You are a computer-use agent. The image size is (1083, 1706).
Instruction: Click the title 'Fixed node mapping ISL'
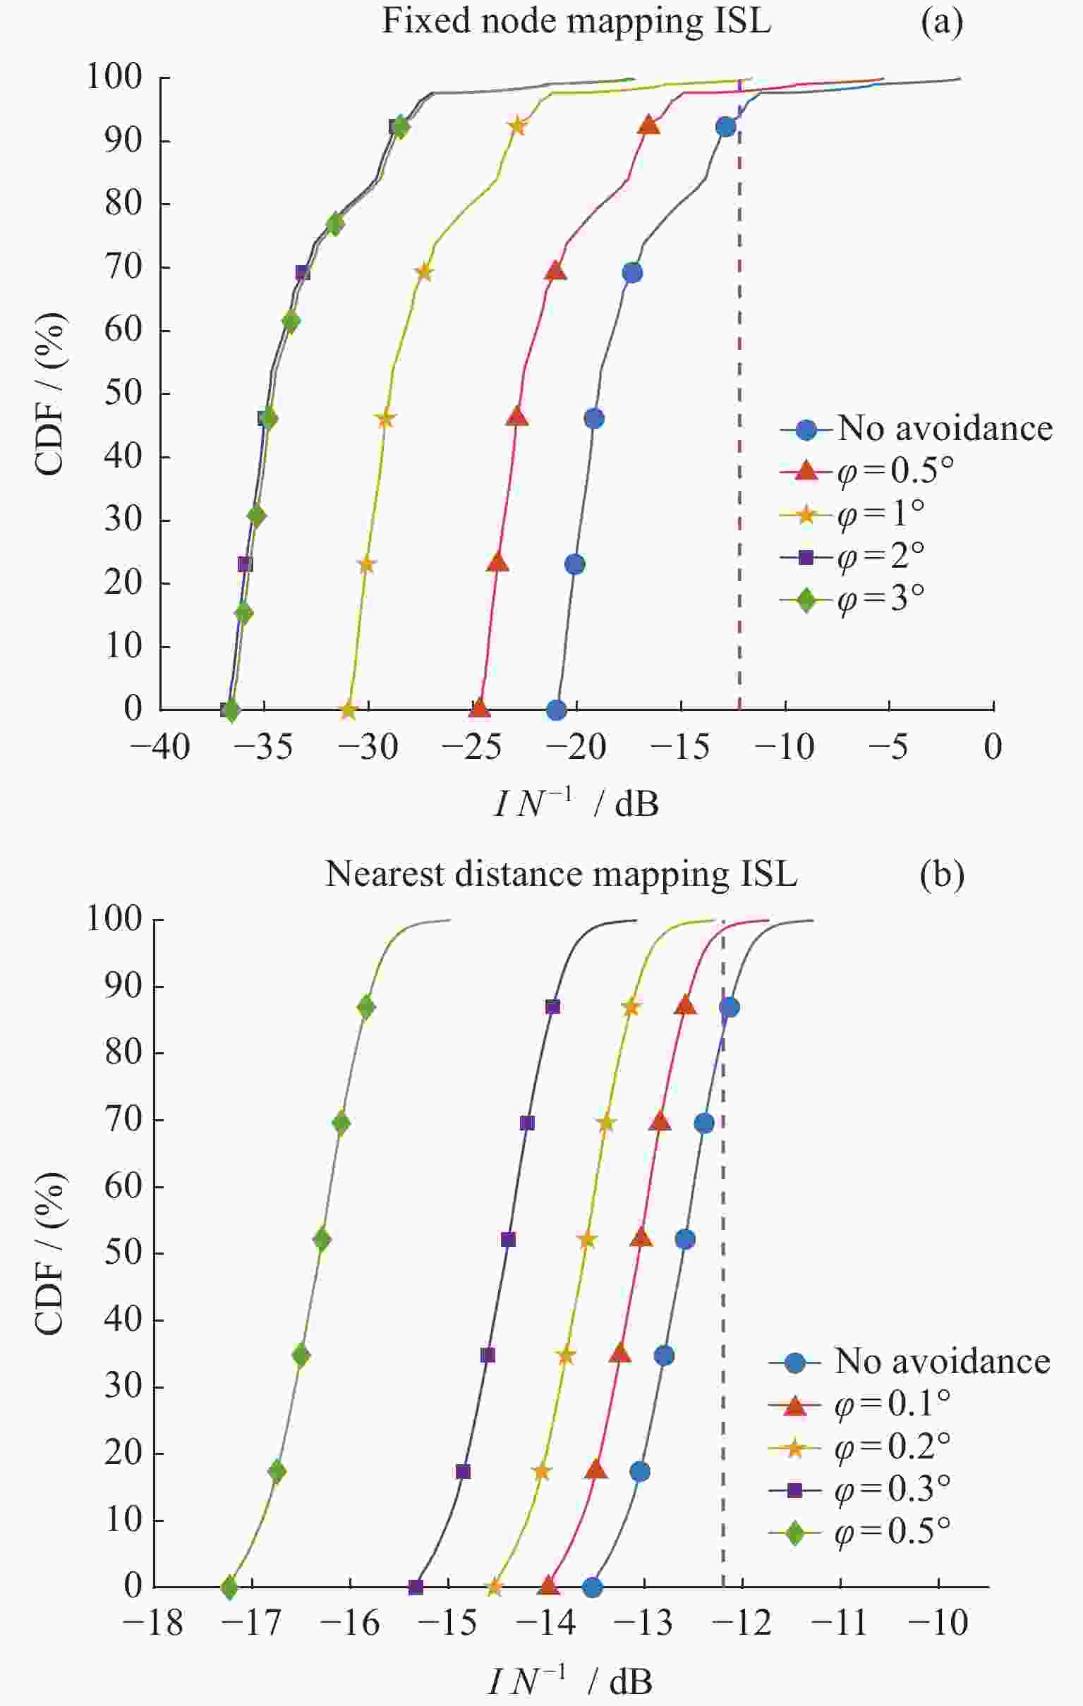coord(576,22)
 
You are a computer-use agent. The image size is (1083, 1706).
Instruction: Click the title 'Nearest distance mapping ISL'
coord(562,875)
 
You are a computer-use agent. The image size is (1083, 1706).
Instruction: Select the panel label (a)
coord(942,22)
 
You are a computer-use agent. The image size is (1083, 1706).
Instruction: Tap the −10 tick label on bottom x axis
coord(940,1622)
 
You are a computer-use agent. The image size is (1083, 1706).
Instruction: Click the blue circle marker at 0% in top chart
coord(557,709)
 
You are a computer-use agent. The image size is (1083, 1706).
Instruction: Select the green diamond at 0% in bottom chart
coord(229,1587)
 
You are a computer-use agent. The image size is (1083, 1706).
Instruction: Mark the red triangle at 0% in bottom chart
coord(548,1586)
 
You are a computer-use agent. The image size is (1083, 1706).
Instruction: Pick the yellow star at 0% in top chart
coord(348,709)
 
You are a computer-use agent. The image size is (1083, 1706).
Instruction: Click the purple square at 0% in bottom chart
coord(416,1587)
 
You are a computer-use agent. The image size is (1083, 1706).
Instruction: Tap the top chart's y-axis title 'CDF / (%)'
coord(49,394)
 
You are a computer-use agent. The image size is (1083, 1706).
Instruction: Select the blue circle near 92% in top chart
coord(725,127)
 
